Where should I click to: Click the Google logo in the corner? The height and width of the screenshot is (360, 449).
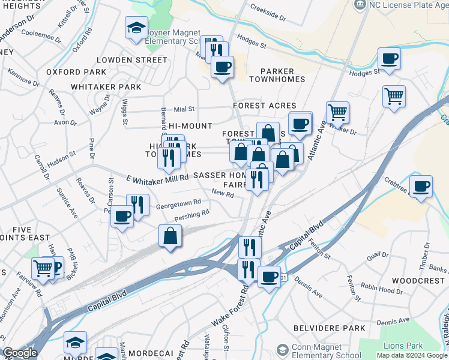click(x=20, y=353)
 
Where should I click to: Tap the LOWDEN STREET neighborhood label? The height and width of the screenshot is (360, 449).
click(x=132, y=60)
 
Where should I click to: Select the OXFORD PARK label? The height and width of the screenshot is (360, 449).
click(x=76, y=72)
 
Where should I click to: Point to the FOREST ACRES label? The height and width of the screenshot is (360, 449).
click(x=265, y=106)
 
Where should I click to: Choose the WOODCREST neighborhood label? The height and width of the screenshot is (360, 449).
click(x=420, y=281)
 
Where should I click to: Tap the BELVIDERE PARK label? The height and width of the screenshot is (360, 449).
click(x=330, y=328)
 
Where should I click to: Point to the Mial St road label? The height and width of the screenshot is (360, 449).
click(x=184, y=109)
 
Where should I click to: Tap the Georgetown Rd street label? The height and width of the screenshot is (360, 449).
click(x=178, y=204)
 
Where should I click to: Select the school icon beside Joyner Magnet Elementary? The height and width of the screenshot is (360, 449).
click(x=136, y=28)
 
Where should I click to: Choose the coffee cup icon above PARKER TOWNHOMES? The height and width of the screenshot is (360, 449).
click(x=222, y=67)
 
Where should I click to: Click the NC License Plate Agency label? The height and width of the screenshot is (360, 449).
click(x=408, y=5)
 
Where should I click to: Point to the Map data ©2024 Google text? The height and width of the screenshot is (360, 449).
click(x=411, y=355)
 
